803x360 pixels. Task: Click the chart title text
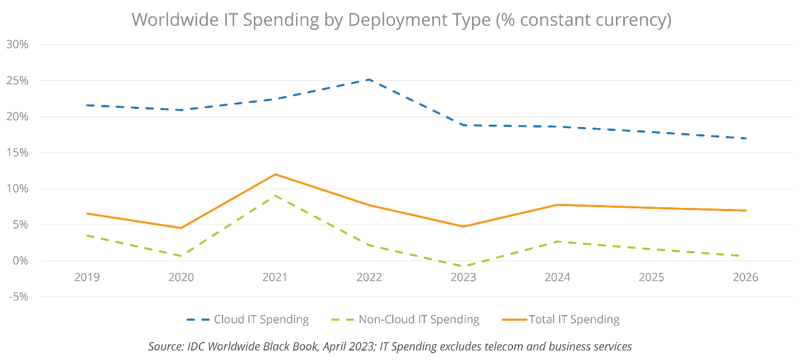point(401,20)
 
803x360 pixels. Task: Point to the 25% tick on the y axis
point(17,81)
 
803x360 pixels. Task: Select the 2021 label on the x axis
point(275,277)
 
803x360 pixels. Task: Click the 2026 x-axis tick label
point(745,277)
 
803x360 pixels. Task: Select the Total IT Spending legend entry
point(573,320)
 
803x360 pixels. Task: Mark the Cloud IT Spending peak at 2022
point(369,80)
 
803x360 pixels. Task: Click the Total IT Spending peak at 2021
point(275,174)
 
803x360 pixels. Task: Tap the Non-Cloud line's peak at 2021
point(275,195)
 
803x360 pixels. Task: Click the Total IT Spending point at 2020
point(181,228)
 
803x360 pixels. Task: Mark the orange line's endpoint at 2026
point(745,210)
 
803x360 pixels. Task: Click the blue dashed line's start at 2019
point(87,105)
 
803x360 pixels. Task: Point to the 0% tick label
point(20,261)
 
